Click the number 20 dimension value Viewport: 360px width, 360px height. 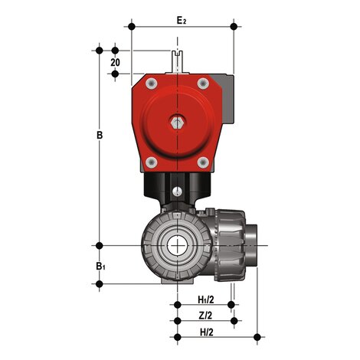116,61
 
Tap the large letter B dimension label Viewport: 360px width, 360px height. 99,136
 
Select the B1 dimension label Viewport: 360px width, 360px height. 100,266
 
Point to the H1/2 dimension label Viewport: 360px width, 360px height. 205,299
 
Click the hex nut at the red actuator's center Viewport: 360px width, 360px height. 178,121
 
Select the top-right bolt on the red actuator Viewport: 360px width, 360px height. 203,81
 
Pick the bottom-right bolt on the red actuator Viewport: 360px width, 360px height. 203,162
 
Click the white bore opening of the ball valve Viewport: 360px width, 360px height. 178,246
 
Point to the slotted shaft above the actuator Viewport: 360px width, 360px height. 178,62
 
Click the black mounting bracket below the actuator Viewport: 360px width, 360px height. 178,186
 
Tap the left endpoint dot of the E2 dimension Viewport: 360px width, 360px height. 132,27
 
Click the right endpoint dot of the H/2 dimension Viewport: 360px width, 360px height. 257,336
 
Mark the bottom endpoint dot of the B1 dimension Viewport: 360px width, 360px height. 99,284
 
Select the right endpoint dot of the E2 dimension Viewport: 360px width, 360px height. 234,27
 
